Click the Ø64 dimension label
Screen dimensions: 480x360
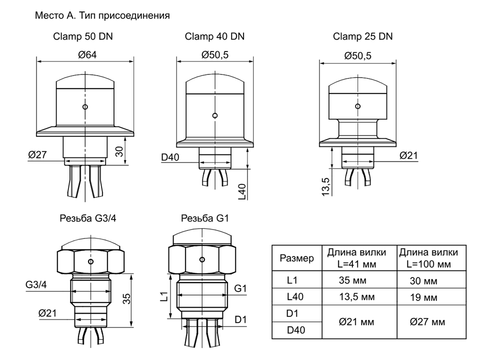tap(87, 55)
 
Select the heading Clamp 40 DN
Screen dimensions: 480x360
tap(214, 36)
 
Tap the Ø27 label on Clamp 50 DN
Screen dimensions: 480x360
tap(37, 154)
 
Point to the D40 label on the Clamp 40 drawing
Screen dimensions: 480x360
tap(170, 157)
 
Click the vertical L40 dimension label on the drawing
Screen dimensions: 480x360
tap(242, 192)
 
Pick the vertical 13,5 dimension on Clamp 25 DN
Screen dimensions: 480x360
tap(326, 186)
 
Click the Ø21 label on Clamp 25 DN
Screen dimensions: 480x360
tap(408, 155)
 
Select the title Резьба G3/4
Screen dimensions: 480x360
tap(88, 218)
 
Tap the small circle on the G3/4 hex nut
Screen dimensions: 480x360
tap(90, 261)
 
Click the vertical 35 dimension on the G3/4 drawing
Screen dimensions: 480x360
tap(126, 299)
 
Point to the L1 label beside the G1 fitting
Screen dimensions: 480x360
tap(164, 296)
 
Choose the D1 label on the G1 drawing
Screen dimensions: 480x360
tap(240, 319)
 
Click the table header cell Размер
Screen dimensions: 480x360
tap(296, 258)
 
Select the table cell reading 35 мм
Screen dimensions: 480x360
tap(352, 280)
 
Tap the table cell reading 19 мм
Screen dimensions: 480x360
tap(423, 297)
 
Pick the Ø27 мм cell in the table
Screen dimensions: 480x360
tap(427, 321)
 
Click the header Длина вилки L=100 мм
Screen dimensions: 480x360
tap(428, 258)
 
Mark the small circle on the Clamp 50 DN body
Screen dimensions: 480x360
tap(85, 107)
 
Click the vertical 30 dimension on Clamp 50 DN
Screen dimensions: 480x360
tap(119, 151)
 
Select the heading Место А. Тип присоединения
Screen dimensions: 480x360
tap(102, 15)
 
